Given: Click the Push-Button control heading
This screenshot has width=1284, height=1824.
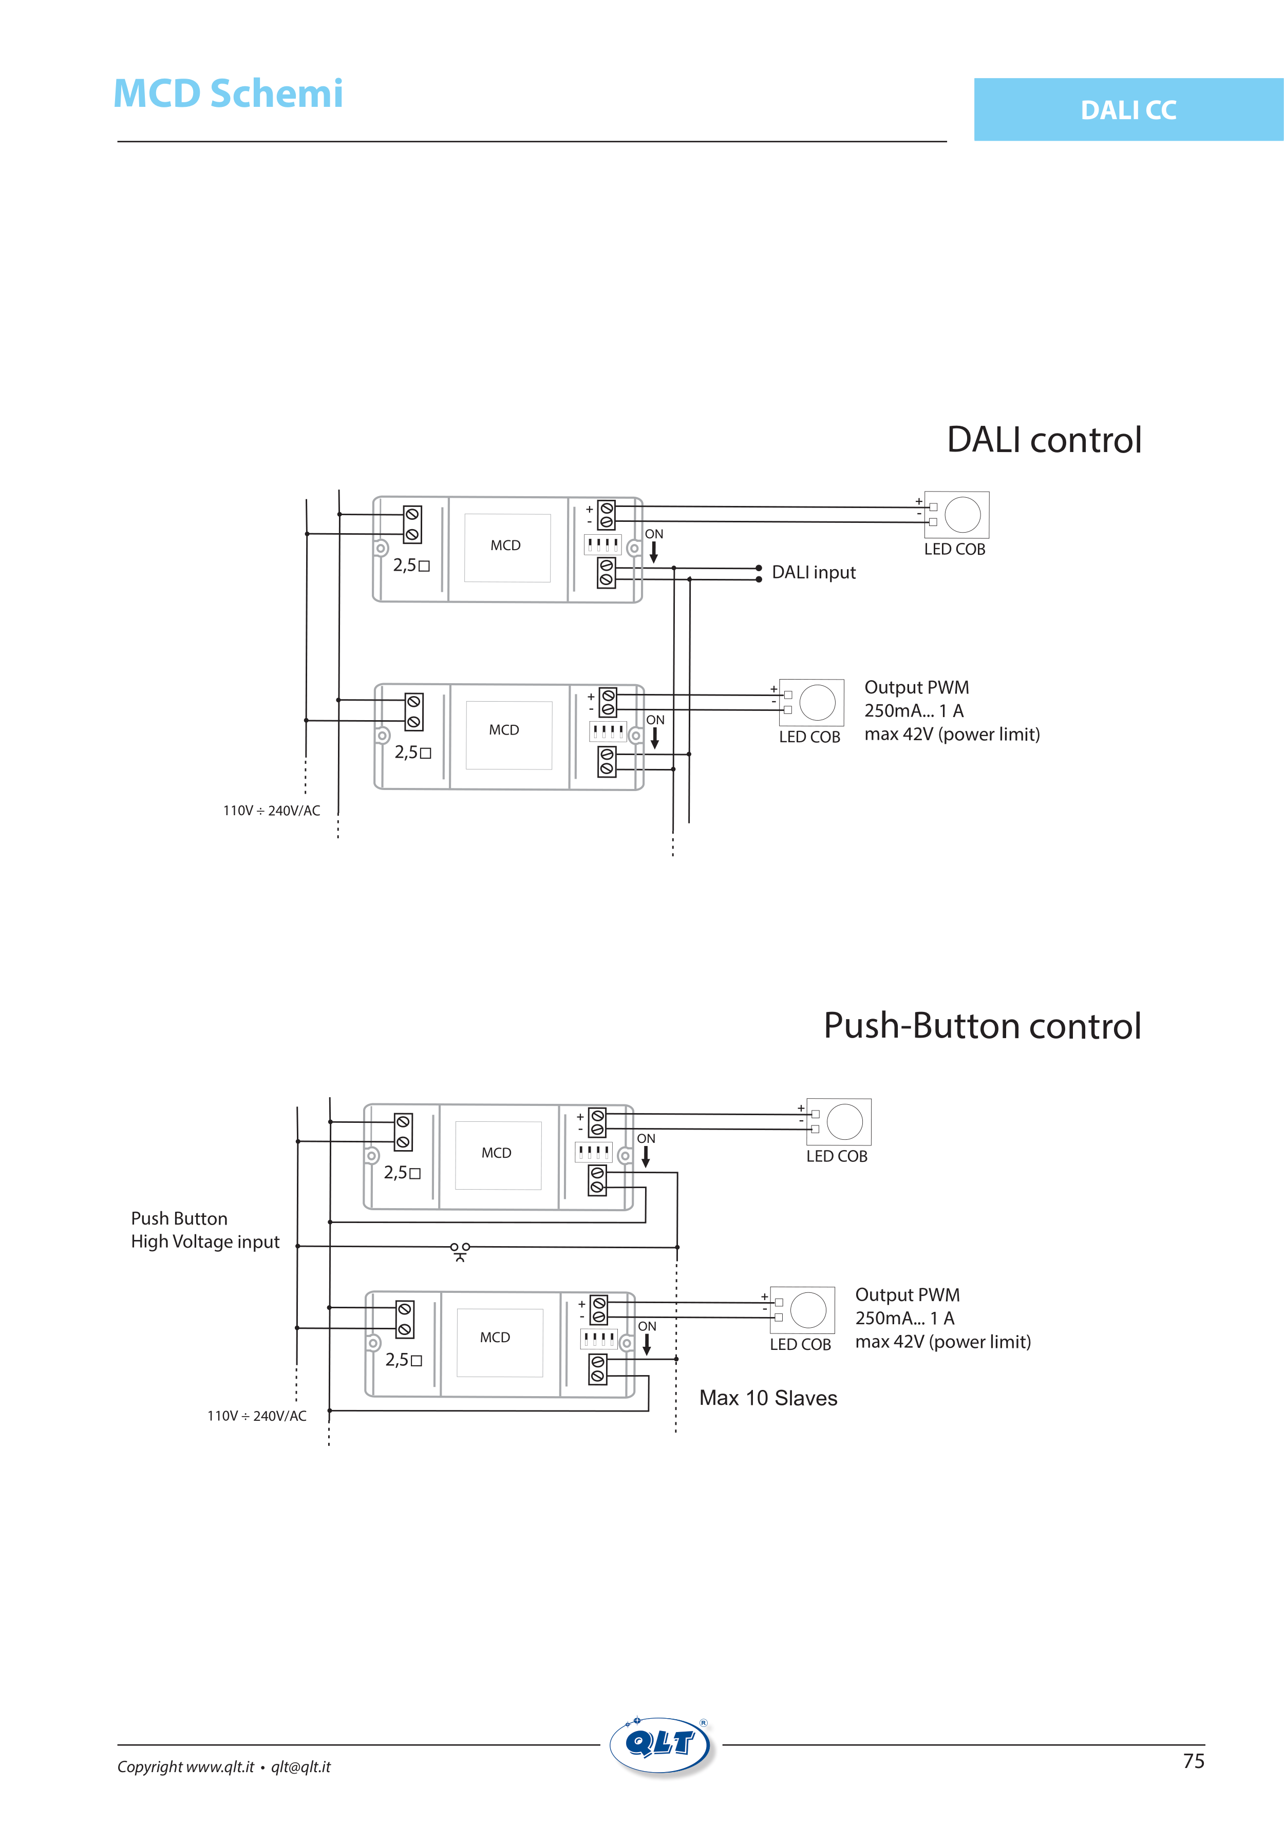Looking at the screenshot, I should (x=982, y=1026).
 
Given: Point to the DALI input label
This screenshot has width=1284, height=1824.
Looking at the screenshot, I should (x=814, y=573).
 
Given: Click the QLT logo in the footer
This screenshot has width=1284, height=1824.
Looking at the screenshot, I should (x=661, y=1746).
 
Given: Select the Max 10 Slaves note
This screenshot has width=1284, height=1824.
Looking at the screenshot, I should (x=767, y=1398).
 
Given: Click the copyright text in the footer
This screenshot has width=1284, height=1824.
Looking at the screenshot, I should (x=223, y=1767).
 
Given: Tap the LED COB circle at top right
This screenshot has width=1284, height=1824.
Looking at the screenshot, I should (x=962, y=515).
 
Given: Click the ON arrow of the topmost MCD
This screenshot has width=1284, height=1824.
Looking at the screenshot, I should (x=654, y=551).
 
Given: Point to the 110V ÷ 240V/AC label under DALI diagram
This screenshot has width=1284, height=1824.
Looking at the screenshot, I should (x=271, y=811).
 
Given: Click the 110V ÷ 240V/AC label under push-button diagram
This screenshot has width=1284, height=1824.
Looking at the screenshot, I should (x=257, y=1416).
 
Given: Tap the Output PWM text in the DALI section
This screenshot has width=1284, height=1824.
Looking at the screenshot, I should (x=916, y=688).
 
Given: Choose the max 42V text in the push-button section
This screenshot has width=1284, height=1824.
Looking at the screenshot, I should (x=942, y=1342).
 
